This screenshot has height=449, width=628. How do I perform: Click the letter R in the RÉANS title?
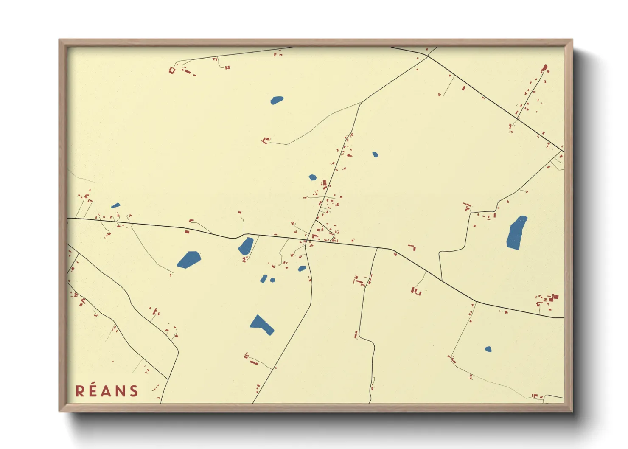click(x=80, y=391)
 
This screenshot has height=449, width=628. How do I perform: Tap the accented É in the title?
click(x=93, y=390)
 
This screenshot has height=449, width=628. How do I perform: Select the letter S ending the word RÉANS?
click(x=134, y=391)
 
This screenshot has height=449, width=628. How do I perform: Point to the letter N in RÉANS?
click(x=121, y=391)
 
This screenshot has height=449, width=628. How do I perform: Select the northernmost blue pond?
click(x=277, y=100)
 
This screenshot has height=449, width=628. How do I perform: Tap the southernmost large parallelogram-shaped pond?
click(x=261, y=325)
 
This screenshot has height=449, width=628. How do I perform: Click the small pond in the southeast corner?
click(x=488, y=349)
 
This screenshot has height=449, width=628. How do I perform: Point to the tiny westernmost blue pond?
click(x=115, y=205)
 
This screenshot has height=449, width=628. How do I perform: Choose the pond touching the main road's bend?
click(x=246, y=246)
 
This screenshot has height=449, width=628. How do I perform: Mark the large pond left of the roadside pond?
click(x=189, y=259)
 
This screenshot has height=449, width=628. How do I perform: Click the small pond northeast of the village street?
click(x=375, y=154)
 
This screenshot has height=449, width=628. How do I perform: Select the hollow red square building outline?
click(x=172, y=70)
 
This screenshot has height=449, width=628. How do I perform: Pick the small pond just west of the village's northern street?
click(x=312, y=177)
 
